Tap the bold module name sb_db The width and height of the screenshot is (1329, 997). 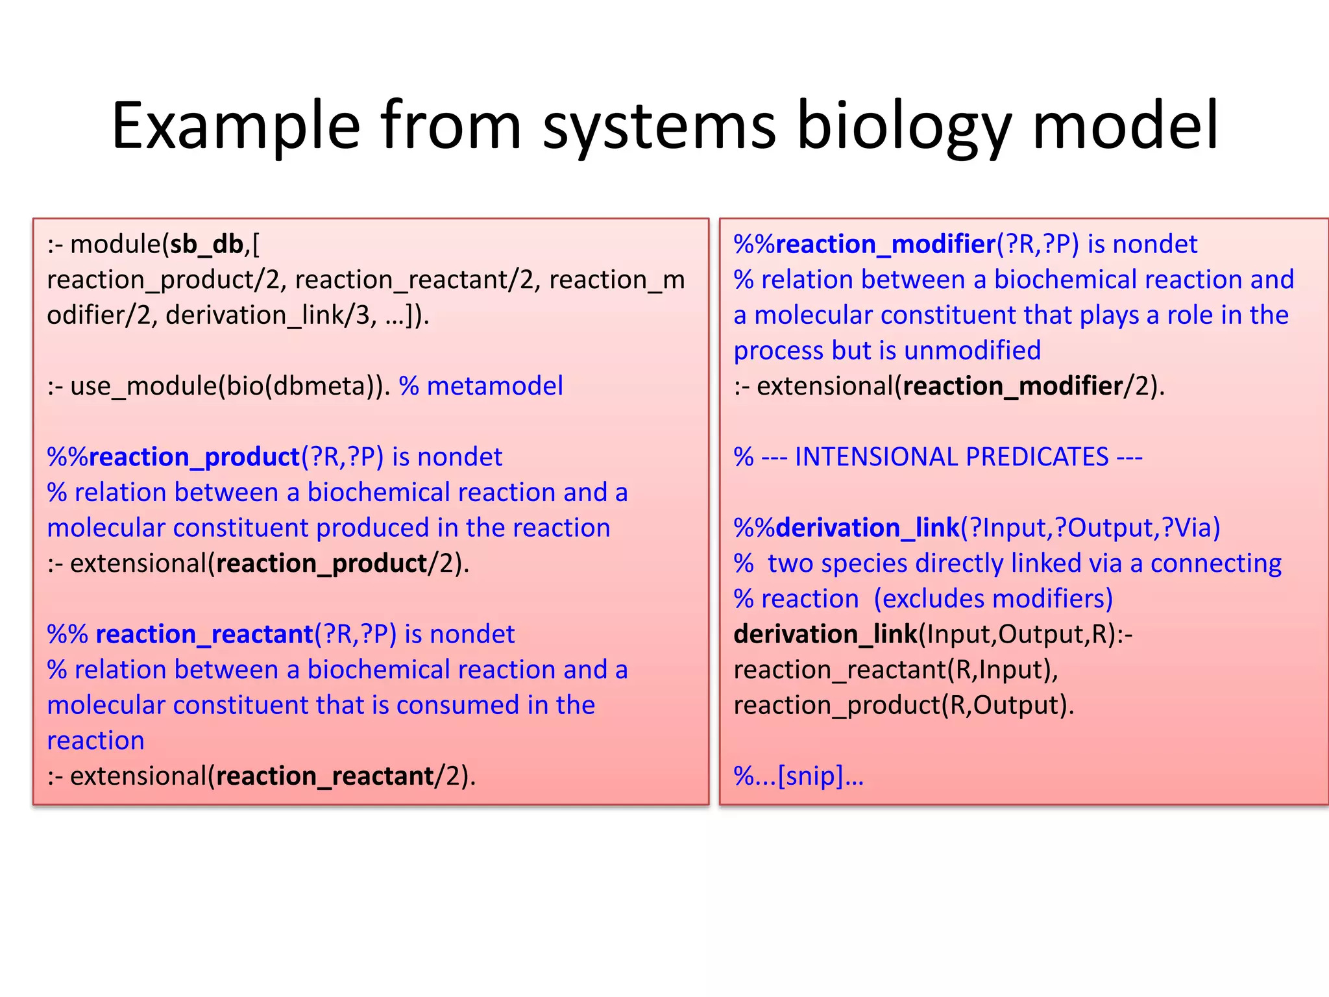tap(206, 245)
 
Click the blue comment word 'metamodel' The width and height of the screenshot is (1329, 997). tap(494, 386)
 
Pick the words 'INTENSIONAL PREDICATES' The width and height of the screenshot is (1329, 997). tap(951, 457)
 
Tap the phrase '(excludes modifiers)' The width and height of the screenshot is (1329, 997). tap(993, 599)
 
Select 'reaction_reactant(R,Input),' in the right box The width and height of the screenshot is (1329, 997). tap(896, 670)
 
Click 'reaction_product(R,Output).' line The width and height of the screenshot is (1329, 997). tap(903, 706)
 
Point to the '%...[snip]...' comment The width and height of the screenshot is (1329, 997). tap(798, 776)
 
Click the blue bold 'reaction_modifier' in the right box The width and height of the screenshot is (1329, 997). tap(885, 245)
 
